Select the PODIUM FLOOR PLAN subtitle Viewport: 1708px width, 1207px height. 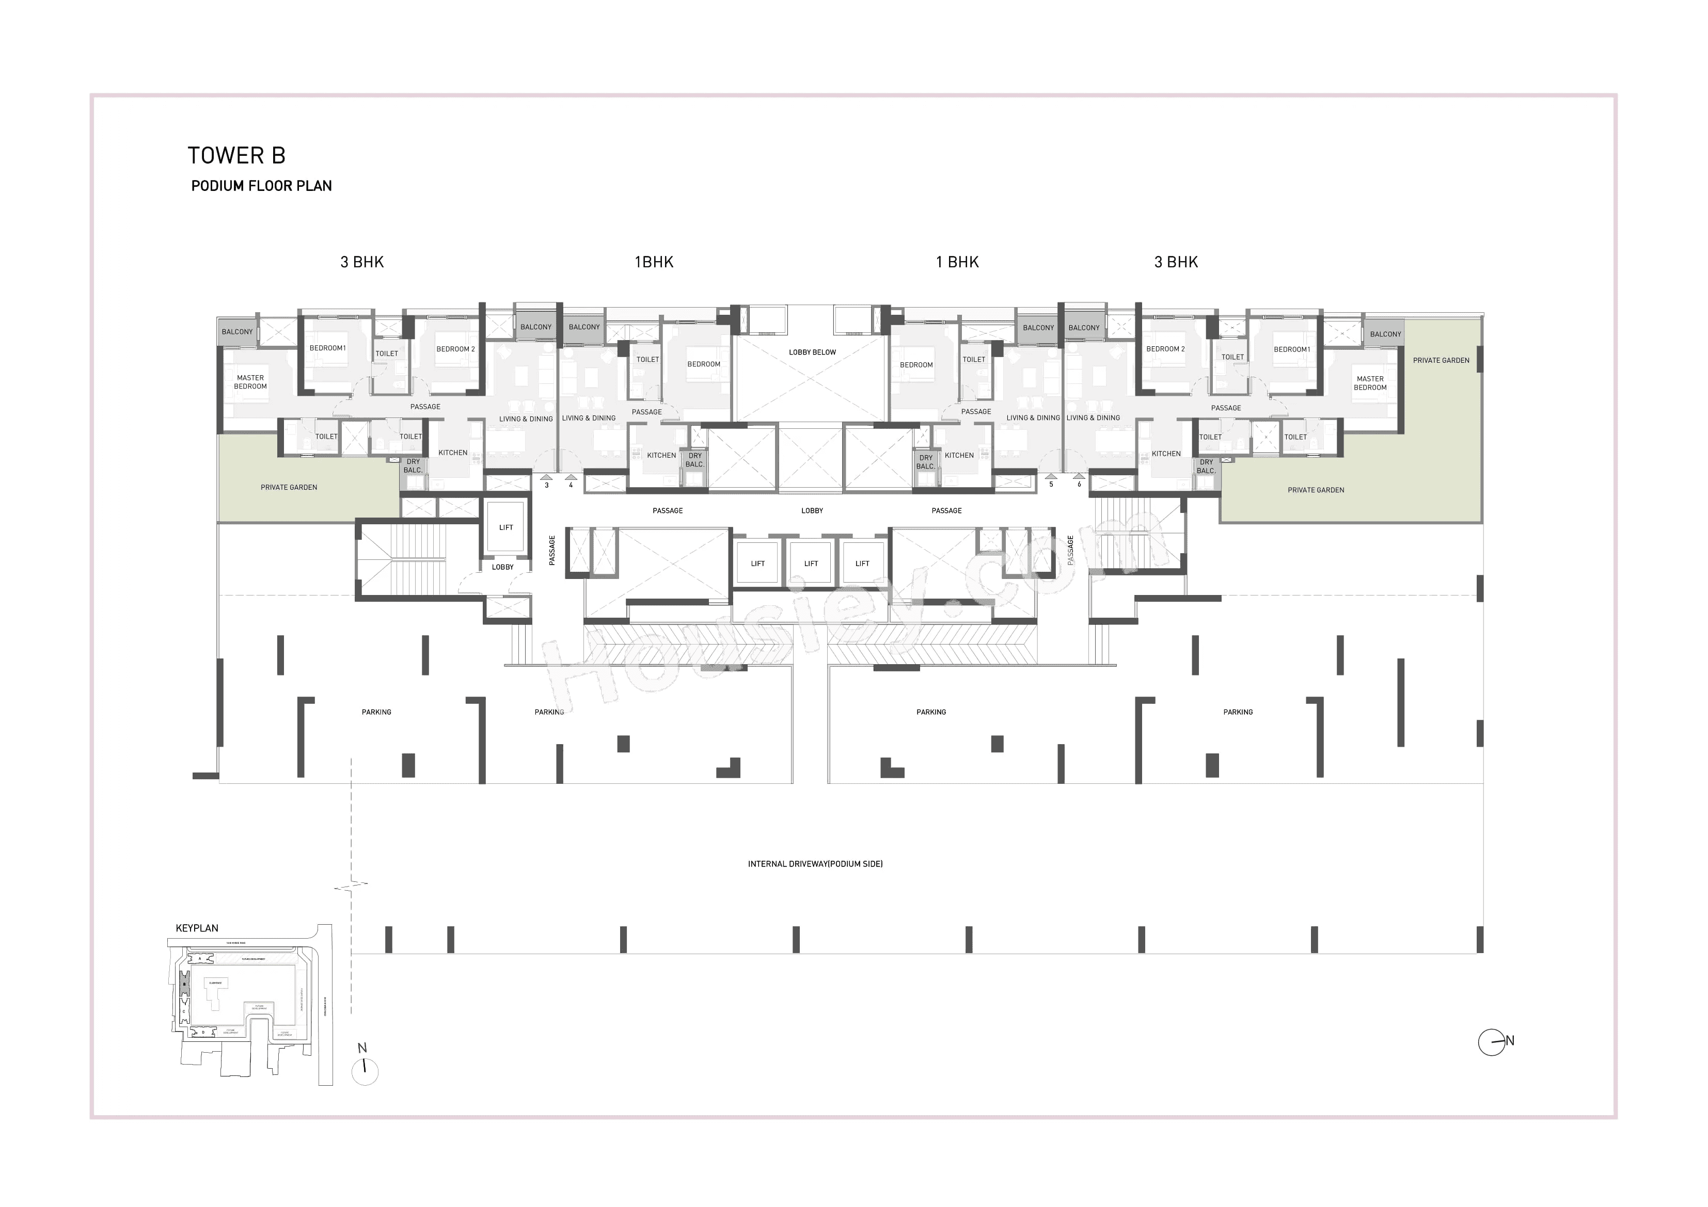(x=261, y=186)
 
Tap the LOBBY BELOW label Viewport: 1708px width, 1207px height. (x=812, y=352)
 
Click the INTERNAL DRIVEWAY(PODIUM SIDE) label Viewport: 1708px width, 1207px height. (x=815, y=864)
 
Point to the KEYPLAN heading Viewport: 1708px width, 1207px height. (x=197, y=928)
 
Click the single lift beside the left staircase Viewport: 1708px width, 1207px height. (x=506, y=527)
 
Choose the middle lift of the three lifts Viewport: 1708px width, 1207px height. (x=811, y=564)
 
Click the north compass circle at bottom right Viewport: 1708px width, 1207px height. (x=1492, y=1042)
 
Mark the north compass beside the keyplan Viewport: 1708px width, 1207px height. (x=365, y=1071)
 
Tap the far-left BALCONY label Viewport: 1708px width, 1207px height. (x=238, y=332)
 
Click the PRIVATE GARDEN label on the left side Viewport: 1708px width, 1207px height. (x=289, y=488)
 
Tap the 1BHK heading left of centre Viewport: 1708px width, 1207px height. (x=654, y=262)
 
